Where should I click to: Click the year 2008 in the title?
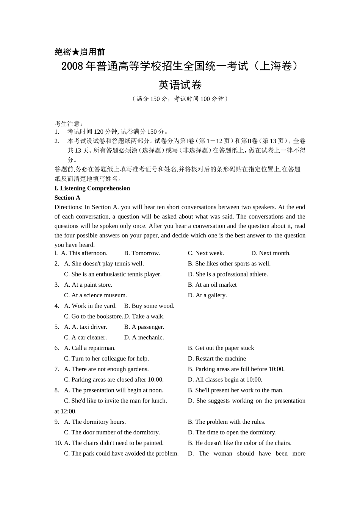(x=72, y=66)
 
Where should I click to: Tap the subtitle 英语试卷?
(x=180, y=85)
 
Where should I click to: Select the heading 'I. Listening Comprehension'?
(x=92, y=188)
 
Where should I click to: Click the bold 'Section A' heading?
(x=67, y=198)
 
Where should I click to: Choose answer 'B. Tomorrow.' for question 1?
(x=142, y=253)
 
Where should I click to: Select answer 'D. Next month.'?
(x=271, y=253)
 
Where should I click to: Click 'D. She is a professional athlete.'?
(x=228, y=274)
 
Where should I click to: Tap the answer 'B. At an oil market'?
(x=212, y=285)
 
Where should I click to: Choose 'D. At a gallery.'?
(x=207, y=295)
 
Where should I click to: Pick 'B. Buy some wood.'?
(x=149, y=306)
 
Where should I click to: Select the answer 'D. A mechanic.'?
(x=144, y=337)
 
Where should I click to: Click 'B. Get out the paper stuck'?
(x=221, y=348)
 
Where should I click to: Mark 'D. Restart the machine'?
(x=217, y=359)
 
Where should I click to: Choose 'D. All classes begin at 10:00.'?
(x=225, y=379)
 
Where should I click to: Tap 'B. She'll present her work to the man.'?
(x=236, y=390)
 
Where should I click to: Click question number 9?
(x=57, y=422)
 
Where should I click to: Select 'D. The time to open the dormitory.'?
(x=232, y=432)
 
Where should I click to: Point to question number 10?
(x=58, y=443)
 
